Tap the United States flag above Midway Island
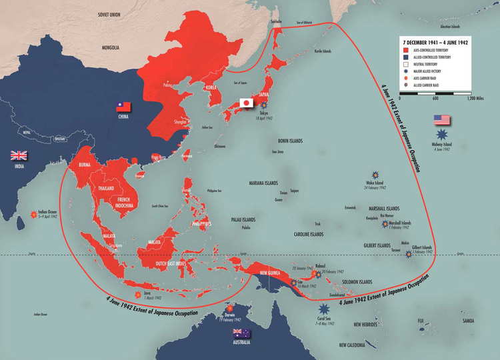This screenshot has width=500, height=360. pyautogui.click(x=442, y=120)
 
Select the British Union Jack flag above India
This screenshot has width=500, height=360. pyautogui.click(x=18, y=155)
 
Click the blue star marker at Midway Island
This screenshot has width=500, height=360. pyautogui.click(x=441, y=135)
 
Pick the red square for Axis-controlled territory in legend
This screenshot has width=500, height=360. pyautogui.click(x=405, y=50)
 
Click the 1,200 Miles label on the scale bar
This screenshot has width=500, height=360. pyautogui.click(x=474, y=99)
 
